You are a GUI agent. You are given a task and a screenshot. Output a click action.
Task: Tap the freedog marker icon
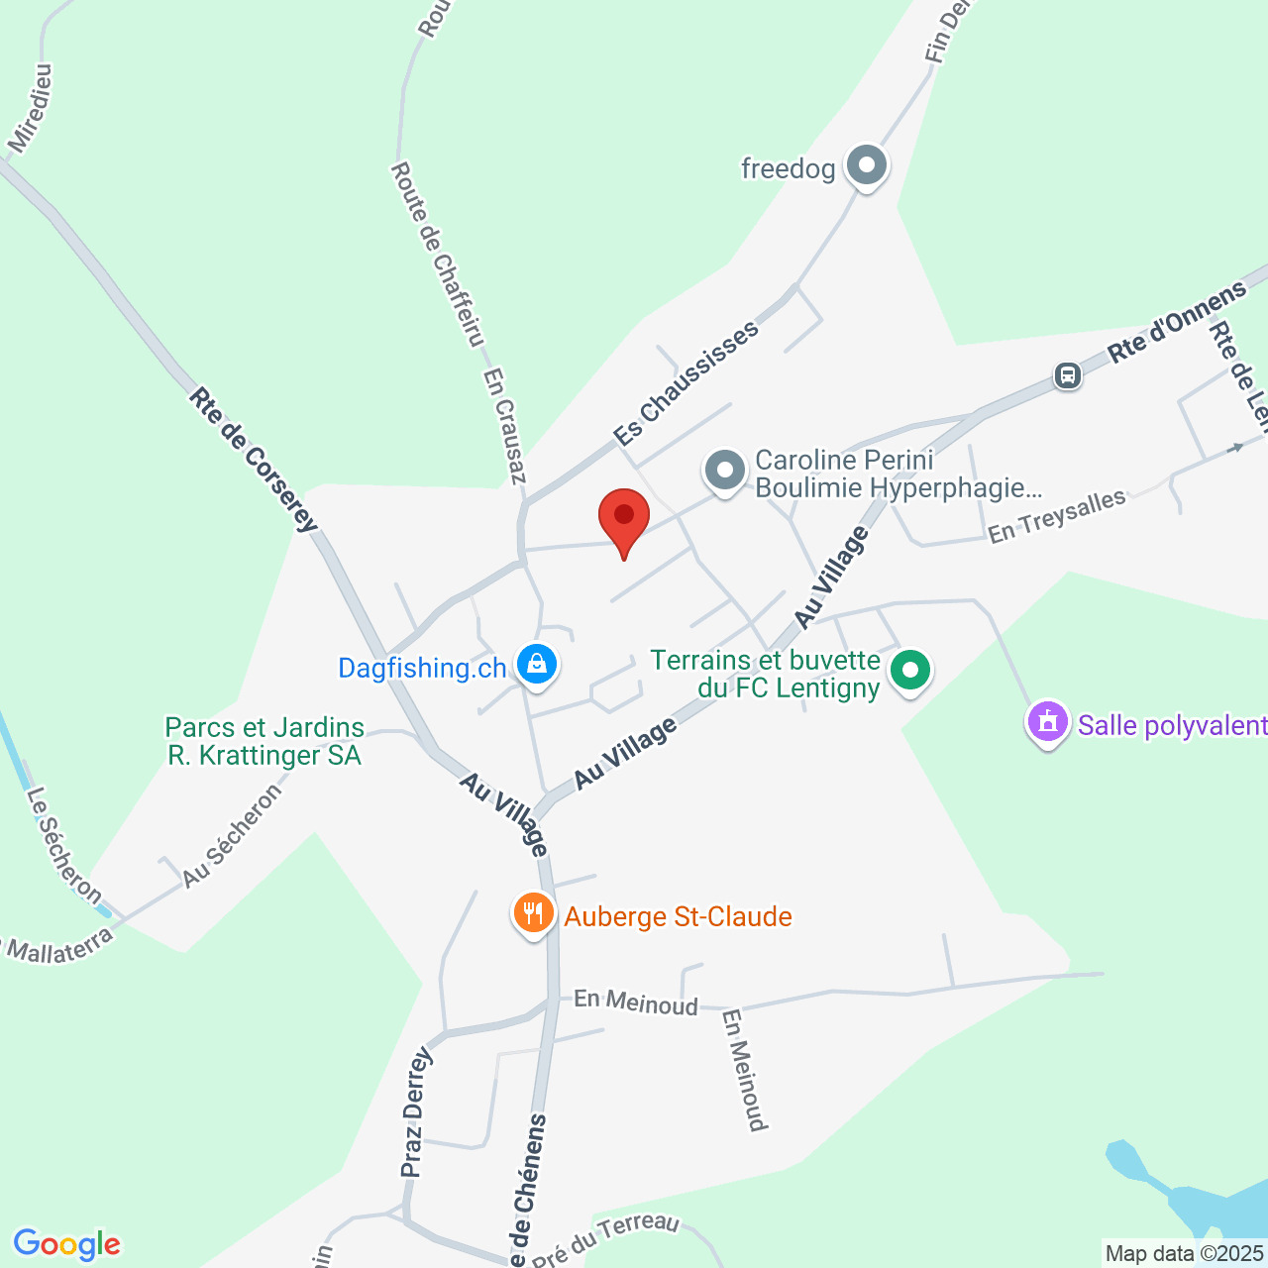pyautogui.click(x=867, y=166)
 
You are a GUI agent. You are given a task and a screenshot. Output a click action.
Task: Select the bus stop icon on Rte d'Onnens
pyautogui.click(x=1067, y=375)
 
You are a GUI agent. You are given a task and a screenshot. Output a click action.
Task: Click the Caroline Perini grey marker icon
pyautogui.click(x=725, y=471)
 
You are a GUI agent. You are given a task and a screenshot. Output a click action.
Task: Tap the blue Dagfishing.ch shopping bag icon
pyautogui.click(x=536, y=665)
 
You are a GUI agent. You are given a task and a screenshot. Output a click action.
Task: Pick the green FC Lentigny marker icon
pyautogui.click(x=910, y=671)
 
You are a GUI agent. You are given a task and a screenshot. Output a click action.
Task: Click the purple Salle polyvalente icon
pyautogui.click(x=1048, y=722)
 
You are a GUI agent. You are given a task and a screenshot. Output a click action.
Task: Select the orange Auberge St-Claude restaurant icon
pyautogui.click(x=534, y=913)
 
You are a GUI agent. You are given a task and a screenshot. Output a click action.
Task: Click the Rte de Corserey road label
pyautogui.click(x=254, y=460)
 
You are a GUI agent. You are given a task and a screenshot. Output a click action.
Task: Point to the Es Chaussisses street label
pyautogui.click(x=686, y=382)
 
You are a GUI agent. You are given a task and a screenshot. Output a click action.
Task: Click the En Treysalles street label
pyautogui.click(x=1057, y=516)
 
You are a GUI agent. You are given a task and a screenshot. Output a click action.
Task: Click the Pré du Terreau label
pyautogui.click(x=605, y=1239)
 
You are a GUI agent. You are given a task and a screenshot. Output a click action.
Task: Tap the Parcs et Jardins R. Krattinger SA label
pyautogui.click(x=264, y=742)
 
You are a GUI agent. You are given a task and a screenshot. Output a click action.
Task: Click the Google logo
pyautogui.click(x=66, y=1244)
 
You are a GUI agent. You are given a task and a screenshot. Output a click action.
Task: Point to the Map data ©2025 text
pyautogui.click(x=1185, y=1254)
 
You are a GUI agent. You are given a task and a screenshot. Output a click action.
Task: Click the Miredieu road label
pyautogui.click(x=30, y=109)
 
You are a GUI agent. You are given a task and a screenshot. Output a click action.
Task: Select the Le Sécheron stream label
pyautogui.click(x=65, y=846)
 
